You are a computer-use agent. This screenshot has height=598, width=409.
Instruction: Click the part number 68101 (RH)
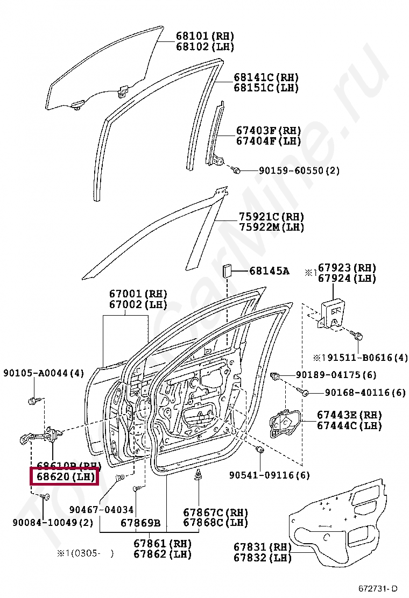coord(205,36)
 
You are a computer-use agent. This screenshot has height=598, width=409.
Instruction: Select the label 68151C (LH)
coord(266,88)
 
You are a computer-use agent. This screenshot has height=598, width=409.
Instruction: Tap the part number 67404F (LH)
coord(268,141)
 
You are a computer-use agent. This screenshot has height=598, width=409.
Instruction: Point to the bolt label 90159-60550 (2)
coord(299,170)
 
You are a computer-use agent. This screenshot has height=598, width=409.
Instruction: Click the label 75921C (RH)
coord(271,217)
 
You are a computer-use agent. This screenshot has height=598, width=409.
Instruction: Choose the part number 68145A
coord(269,271)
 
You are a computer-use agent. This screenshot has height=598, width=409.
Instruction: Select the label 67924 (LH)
coord(347,278)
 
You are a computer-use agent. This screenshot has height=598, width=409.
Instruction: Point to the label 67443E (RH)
coord(349,415)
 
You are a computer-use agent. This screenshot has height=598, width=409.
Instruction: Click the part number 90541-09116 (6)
coord(270,475)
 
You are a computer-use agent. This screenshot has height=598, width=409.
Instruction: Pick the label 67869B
coord(140,523)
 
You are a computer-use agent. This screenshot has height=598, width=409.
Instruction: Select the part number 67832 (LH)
coord(262,558)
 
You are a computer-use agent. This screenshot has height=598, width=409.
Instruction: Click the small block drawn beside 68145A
coord(227,270)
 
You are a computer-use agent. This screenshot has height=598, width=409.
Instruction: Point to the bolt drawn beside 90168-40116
coord(305,393)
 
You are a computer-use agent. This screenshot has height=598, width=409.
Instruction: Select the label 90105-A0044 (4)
coord(44,373)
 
